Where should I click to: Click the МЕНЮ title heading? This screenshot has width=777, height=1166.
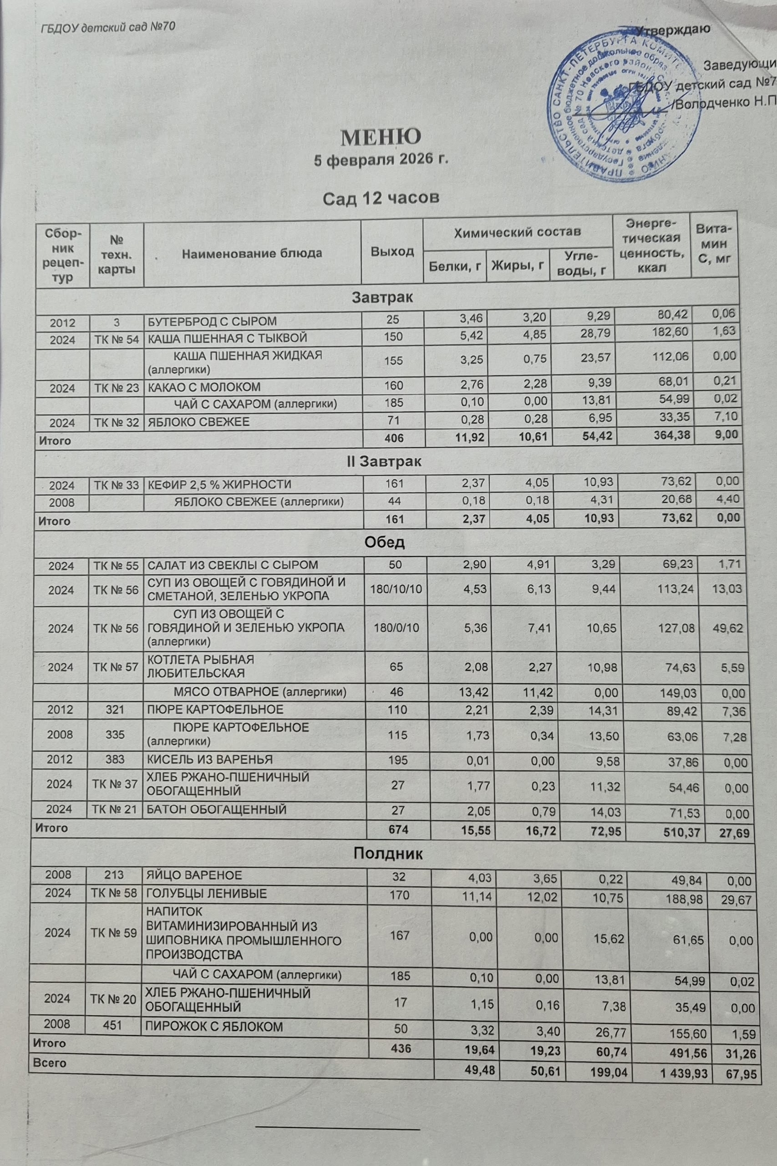point(381,136)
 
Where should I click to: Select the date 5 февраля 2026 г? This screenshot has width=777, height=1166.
point(381,160)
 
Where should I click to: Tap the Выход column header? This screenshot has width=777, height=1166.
point(392,251)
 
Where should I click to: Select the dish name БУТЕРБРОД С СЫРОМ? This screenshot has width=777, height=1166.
point(212,321)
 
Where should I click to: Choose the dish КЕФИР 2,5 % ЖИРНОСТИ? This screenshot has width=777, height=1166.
point(219,484)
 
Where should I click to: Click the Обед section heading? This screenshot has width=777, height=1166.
point(385,542)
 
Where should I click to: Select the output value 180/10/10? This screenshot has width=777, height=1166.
point(396,589)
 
